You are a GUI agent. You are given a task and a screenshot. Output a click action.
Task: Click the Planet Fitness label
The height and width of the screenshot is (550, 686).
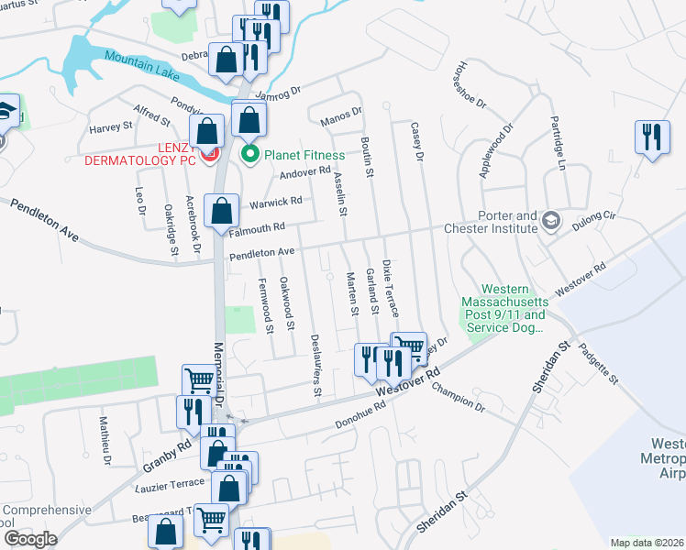(304, 155)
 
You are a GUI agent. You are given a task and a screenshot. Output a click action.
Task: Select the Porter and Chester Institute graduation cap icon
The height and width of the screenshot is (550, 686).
(550, 220)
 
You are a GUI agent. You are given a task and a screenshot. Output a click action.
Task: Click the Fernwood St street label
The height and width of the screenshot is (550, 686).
(266, 306)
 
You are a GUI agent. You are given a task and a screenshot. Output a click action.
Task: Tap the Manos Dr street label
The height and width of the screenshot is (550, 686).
(342, 115)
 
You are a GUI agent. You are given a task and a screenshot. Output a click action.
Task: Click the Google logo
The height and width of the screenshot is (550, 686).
(29, 537)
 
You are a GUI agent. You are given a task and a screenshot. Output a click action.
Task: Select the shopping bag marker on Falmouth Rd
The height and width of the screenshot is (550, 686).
(222, 211)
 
